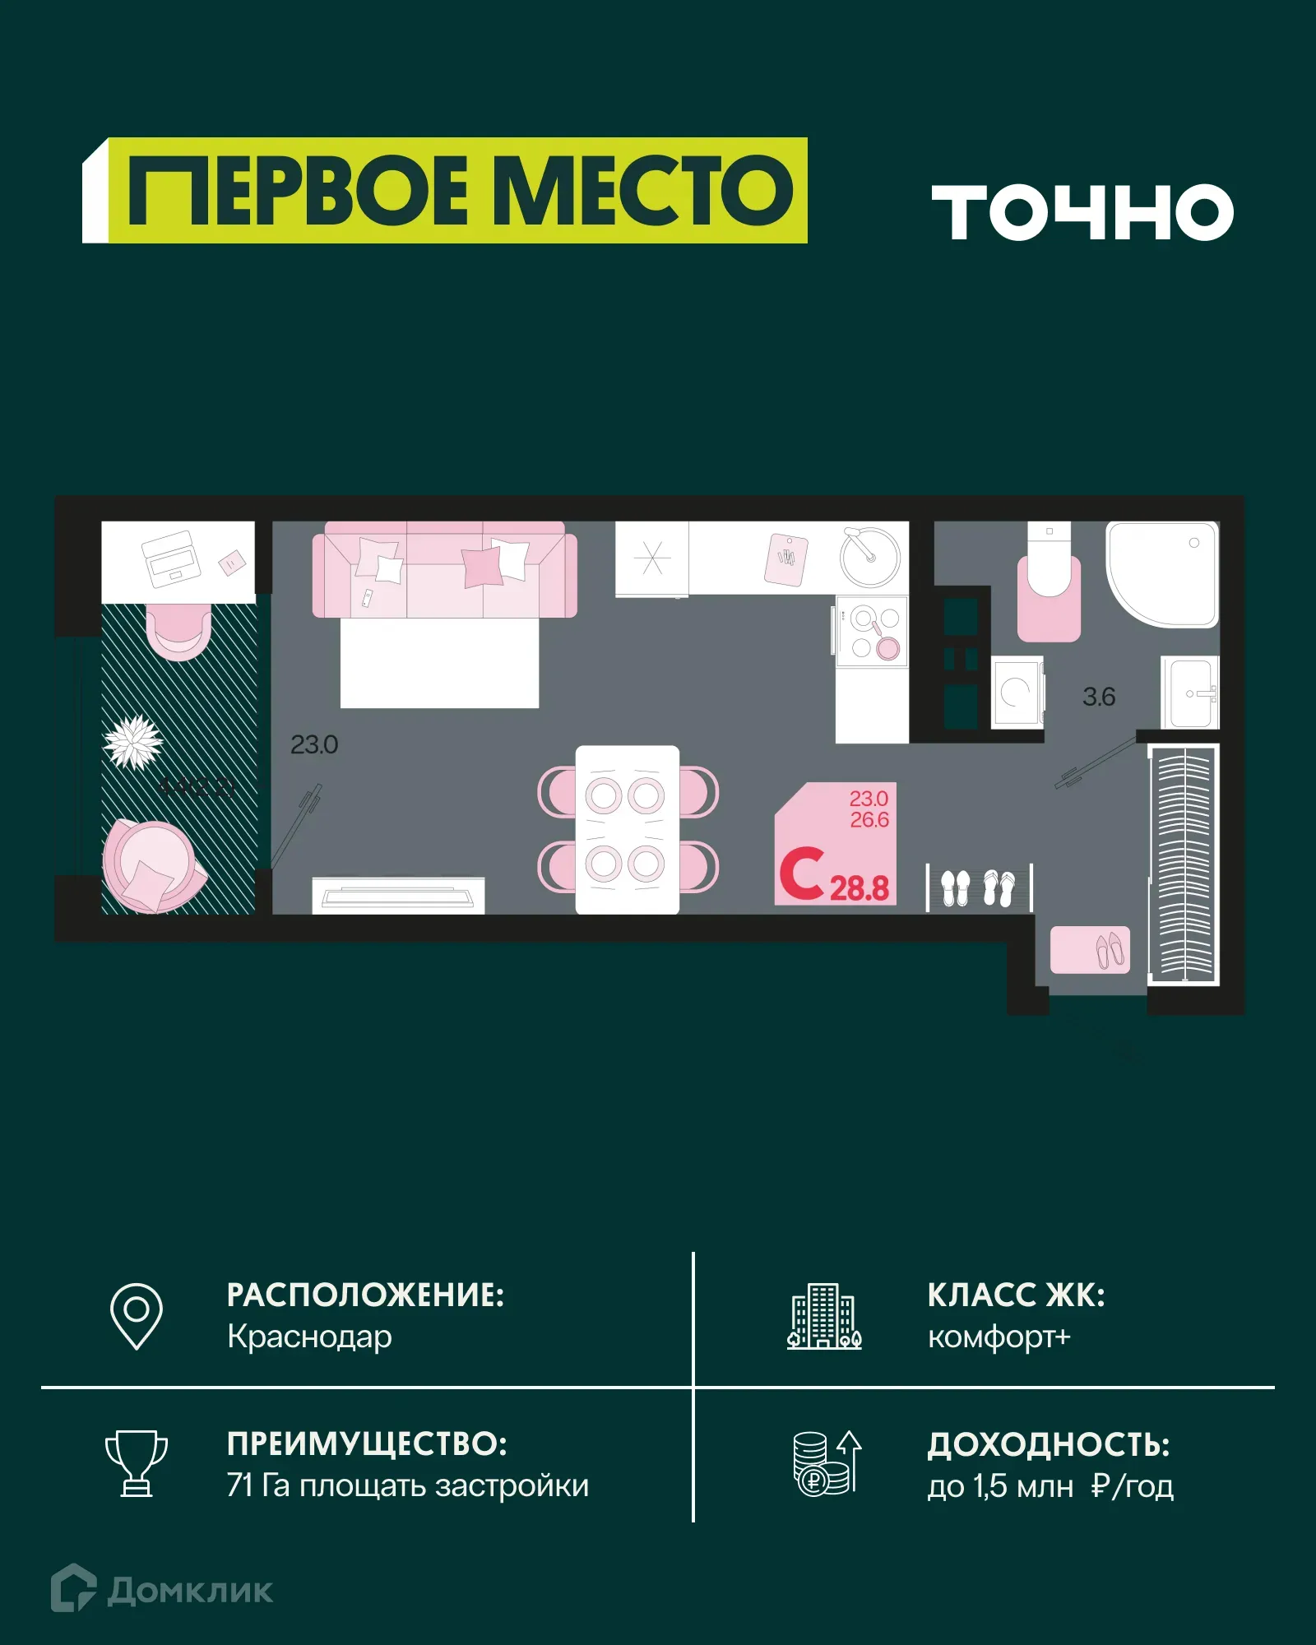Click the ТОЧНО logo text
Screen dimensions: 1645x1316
coord(1082,212)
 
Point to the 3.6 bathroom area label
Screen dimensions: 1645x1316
coord(1099,697)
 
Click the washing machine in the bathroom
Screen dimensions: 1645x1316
coord(1017,692)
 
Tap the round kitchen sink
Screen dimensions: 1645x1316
coord(870,557)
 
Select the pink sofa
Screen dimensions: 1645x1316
coord(444,569)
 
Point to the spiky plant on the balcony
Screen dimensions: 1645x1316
coord(133,741)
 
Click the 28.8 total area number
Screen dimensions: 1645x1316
coord(860,888)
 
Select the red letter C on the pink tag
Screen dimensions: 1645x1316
coord(801,873)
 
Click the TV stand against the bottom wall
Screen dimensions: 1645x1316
coord(398,896)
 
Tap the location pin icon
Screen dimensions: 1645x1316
coord(137,1315)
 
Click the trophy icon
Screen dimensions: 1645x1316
coord(137,1463)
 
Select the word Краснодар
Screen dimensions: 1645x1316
coord(309,1337)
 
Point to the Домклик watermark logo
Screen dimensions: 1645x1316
coord(162,1590)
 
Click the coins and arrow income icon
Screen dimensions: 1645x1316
coord(826,1463)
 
